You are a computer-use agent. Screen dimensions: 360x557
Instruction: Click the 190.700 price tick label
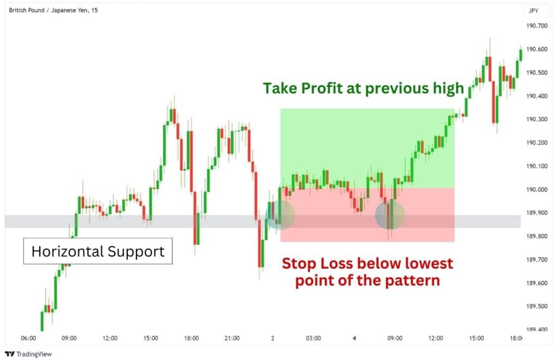point(536,26)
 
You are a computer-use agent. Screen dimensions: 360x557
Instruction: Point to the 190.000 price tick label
point(536,190)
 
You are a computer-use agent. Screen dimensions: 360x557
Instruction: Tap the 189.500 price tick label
point(536,307)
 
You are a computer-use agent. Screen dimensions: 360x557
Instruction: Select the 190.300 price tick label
point(536,119)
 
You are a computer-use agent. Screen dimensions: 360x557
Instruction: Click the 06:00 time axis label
point(28,338)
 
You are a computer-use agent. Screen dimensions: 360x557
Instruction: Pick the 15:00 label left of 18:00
point(151,338)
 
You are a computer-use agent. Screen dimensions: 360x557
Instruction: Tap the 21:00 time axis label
point(232,338)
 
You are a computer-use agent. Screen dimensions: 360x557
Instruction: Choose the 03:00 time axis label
point(313,338)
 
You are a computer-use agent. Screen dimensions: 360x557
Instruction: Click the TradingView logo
point(29,353)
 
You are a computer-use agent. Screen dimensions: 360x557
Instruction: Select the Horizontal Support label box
point(98,251)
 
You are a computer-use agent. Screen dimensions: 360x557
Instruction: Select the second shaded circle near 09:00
point(390,215)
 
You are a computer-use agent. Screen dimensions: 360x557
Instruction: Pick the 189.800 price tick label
point(536,237)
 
